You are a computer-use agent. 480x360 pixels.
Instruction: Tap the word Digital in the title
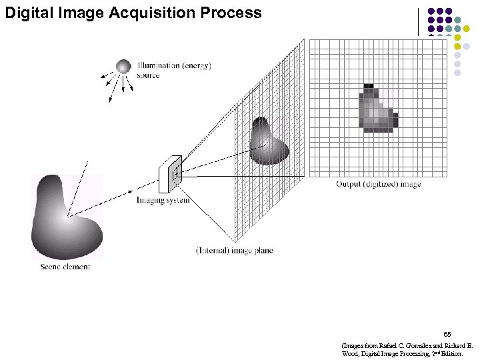pyautogui.click(x=27, y=12)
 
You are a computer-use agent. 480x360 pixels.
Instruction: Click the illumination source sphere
pyautogui.click(x=123, y=66)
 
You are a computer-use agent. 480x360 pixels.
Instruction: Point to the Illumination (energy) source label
pyautogui.click(x=173, y=70)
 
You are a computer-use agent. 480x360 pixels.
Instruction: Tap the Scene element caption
pyautogui.click(x=65, y=267)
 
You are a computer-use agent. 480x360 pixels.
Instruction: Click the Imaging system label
pyautogui.click(x=163, y=199)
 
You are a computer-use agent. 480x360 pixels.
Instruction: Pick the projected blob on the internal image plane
pyautogui.click(x=268, y=142)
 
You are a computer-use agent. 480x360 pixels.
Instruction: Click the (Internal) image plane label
pyautogui.click(x=234, y=251)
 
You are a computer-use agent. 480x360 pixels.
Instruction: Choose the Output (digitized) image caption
pyautogui.click(x=378, y=184)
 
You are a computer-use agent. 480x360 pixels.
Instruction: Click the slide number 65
pyautogui.click(x=447, y=333)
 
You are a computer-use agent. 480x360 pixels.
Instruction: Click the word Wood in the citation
pyautogui.click(x=349, y=354)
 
